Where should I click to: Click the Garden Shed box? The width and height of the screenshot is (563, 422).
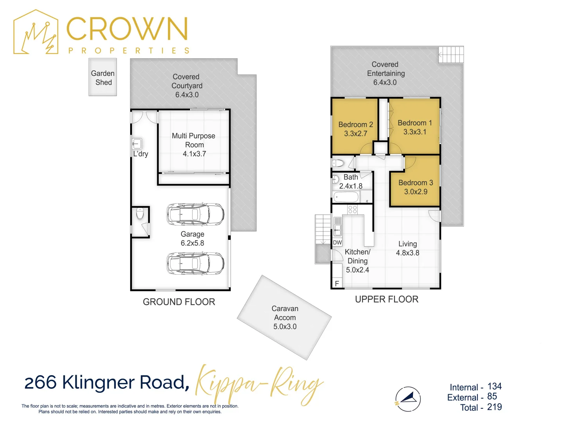click(x=102, y=77)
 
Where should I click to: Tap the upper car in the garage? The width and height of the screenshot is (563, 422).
click(x=195, y=214)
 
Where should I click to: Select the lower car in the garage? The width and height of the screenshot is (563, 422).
click(x=195, y=263)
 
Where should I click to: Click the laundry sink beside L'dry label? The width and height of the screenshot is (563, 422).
click(x=136, y=143)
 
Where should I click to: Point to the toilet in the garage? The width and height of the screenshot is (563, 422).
click(x=140, y=214)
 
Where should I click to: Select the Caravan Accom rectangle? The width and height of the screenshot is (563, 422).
click(x=284, y=317)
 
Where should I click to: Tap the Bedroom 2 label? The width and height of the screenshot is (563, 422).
click(x=355, y=125)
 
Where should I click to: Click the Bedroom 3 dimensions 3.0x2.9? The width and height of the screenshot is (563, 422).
click(x=416, y=192)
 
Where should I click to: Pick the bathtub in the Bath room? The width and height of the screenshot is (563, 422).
click(x=346, y=197)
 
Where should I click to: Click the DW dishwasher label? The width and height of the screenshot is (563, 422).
click(x=337, y=243)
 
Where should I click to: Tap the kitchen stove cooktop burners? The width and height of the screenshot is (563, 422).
click(x=352, y=209)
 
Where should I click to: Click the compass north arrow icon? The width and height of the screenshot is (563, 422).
click(x=408, y=399)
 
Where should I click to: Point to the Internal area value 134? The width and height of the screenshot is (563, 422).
click(x=494, y=386)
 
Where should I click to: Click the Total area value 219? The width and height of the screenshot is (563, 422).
click(x=494, y=407)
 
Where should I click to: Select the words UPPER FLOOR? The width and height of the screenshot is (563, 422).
click(x=386, y=299)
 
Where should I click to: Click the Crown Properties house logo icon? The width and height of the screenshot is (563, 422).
click(x=36, y=32)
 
